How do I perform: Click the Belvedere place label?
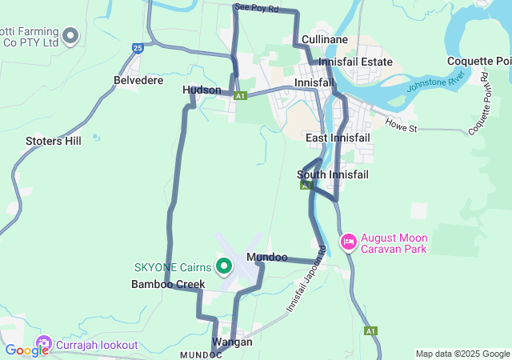pyautogui.click(x=138, y=81)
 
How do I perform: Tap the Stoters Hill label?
pyautogui.click(x=54, y=142)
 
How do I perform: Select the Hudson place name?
pyautogui.click(x=202, y=90)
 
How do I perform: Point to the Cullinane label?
pyautogui.click(x=325, y=39)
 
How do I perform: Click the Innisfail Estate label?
pyautogui.click(x=355, y=62)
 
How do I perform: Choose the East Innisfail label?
pyautogui.click(x=338, y=138)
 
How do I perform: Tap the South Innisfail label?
pyautogui.click(x=332, y=174)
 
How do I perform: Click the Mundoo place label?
pyautogui.click(x=267, y=258)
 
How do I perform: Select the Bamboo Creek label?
pyautogui.click(x=168, y=284)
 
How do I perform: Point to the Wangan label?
pyautogui.click(x=232, y=342)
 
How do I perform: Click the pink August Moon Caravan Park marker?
pyautogui.click(x=349, y=241)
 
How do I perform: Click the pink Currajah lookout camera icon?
pyautogui.click(x=43, y=345)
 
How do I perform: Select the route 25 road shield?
pyautogui.click(x=138, y=49)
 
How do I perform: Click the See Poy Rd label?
pyautogui.click(x=256, y=8)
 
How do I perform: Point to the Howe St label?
pyautogui.click(x=402, y=126)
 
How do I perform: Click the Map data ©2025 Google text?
pyautogui.click(x=462, y=354)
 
